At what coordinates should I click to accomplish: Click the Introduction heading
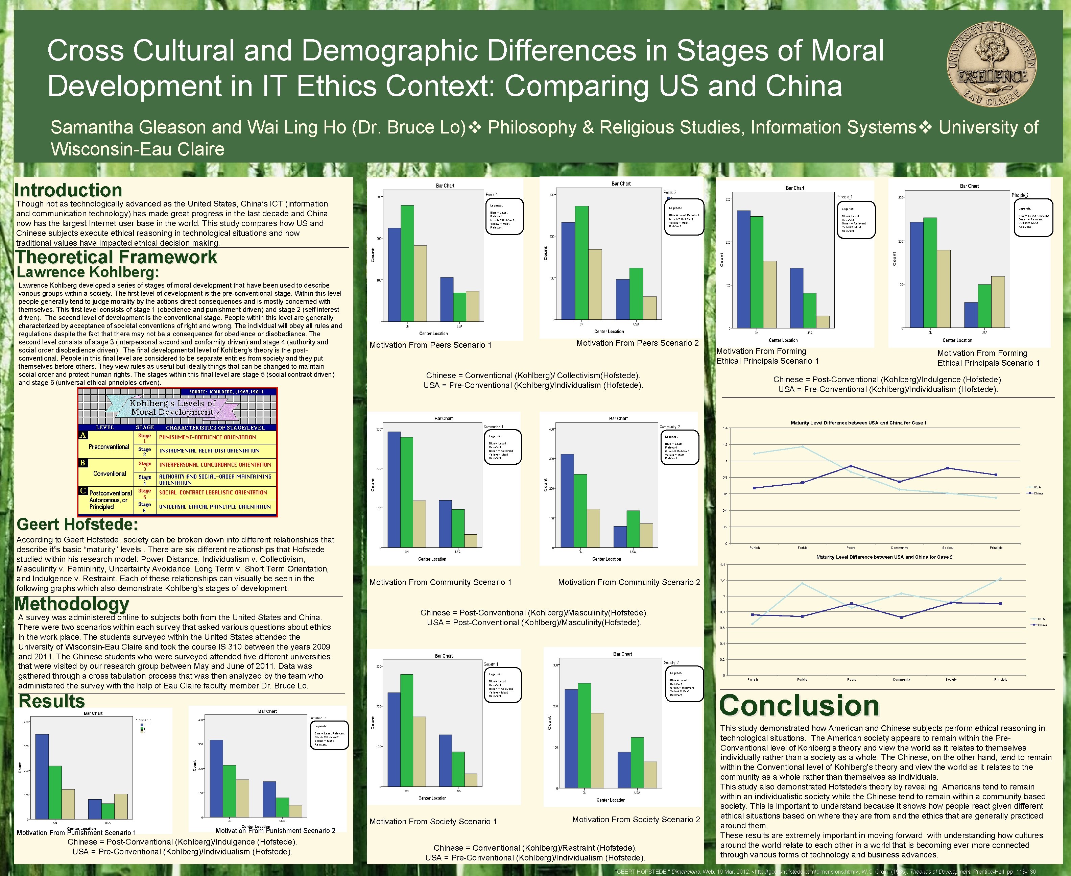click(68, 190)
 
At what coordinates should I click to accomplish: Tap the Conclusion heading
click(799, 705)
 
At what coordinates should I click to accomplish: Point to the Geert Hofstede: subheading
click(77, 524)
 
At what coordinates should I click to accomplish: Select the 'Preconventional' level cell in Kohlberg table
click(109, 446)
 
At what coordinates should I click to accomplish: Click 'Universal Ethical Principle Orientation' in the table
click(215, 507)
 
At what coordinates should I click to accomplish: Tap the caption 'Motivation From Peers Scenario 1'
click(430, 345)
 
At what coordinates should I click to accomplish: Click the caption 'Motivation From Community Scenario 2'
click(629, 582)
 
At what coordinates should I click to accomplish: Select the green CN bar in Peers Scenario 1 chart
click(407, 263)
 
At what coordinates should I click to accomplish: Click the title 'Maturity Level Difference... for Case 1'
click(858, 423)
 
